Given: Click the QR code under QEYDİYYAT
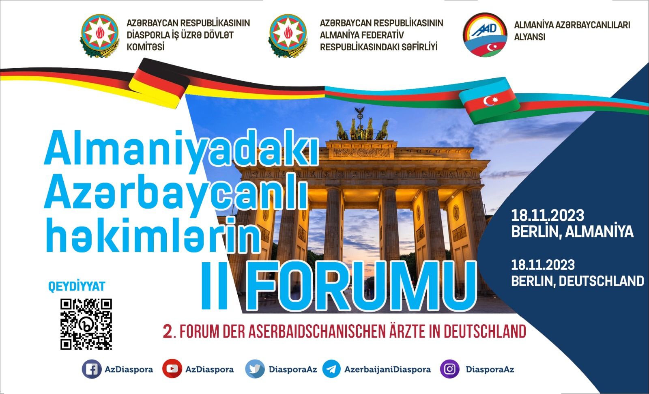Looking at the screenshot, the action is coord(86,324).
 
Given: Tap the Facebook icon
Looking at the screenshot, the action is coord(92,369).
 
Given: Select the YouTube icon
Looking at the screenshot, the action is coord(172,369).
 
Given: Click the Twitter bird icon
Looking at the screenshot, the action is coord(255,369).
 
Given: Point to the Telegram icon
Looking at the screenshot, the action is coord(331,369).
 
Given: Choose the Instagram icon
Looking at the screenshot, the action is coord(450,369).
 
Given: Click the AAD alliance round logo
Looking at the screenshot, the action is coord(485,34).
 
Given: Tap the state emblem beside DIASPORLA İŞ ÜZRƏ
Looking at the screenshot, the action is coord(100,35).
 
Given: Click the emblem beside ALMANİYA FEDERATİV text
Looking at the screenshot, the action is coord(288,35).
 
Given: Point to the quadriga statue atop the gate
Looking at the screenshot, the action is coord(362,124).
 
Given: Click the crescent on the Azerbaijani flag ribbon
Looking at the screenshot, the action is coord(489,101).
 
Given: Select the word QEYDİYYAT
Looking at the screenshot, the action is coord(77,286).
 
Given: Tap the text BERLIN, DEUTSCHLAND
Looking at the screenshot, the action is coord(578,281).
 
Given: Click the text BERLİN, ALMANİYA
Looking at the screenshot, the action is coord(572,232).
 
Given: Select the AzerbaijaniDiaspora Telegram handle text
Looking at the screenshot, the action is coord(387,369).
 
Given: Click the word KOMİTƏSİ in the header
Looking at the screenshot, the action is coord(146,47).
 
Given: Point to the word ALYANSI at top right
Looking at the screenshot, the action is coord(530,37).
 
